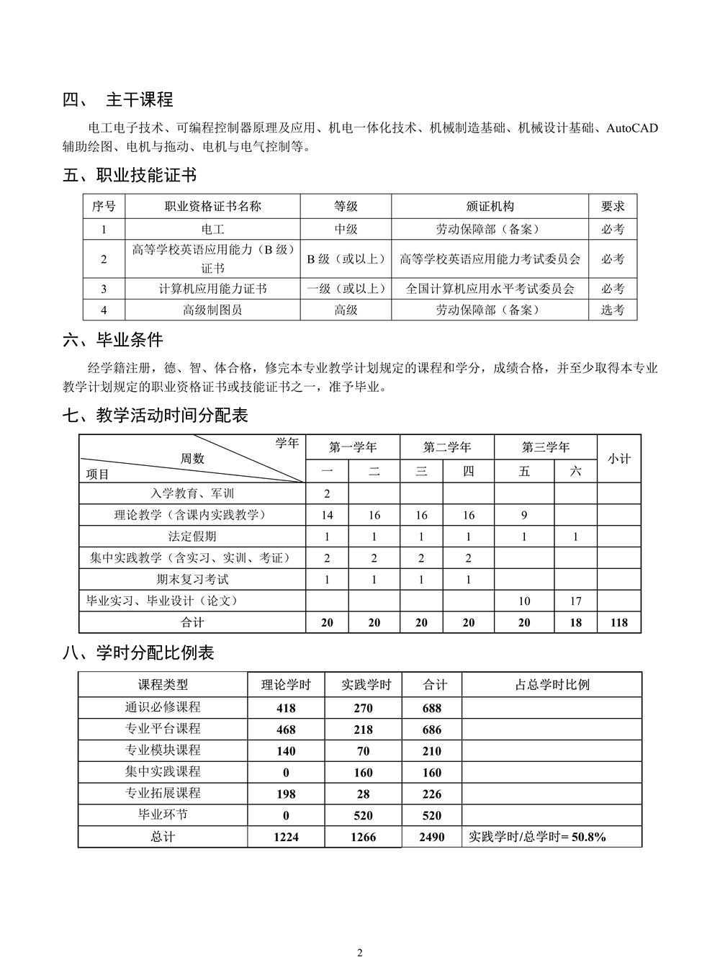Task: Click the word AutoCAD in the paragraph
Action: tap(631, 128)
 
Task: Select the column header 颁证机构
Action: tap(490, 207)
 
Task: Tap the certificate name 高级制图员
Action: tap(212, 310)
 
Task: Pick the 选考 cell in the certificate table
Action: tap(613, 310)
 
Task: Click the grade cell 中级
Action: tap(346, 229)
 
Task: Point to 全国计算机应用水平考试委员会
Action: tap(490, 289)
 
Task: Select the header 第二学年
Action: tap(446, 447)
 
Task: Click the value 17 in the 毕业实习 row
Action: tap(575, 601)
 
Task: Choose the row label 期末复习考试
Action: tap(192, 579)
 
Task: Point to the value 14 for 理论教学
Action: tap(327, 515)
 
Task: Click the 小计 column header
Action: tap(618, 458)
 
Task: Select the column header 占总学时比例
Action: tap(552, 685)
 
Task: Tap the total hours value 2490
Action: tap(431, 837)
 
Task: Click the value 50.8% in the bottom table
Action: tap(588, 837)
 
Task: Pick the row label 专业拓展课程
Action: tap(163, 794)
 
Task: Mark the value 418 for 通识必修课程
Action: tap(286, 708)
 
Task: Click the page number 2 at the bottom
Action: tap(360, 952)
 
